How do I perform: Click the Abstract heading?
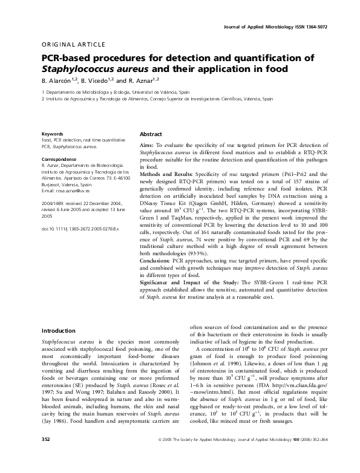pyautogui.click(x=151, y=134)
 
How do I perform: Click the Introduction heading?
pyautogui.click(x=58, y=331)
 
